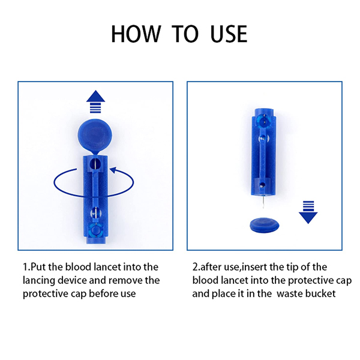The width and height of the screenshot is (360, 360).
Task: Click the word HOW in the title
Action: point(136,34)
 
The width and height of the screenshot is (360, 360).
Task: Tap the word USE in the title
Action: point(229,34)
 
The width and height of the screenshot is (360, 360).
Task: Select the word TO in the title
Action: point(185,34)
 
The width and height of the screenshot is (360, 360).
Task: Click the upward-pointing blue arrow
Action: point(95,102)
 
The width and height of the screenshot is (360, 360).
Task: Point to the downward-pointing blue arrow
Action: point(308,212)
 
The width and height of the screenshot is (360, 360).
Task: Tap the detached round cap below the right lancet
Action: point(265,226)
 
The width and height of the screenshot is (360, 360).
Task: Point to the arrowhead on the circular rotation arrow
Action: point(113,170)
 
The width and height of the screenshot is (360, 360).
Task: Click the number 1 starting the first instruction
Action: point(25,267)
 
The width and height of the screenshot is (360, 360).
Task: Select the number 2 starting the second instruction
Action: point(195,267)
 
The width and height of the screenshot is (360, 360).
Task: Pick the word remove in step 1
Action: point(125,281)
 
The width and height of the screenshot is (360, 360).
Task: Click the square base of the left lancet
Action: point(95,231)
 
